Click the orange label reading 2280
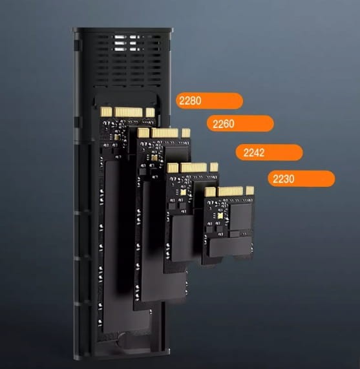point(209,101)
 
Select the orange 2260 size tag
point(240,123)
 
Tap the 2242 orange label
point(270,153)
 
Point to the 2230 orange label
point(301,179)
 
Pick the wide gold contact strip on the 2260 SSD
point(165,133)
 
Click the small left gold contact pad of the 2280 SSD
point(107,112)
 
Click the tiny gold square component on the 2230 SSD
point(220,213)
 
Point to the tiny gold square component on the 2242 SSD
point(185,191)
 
